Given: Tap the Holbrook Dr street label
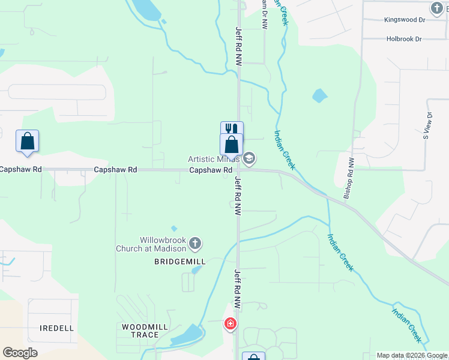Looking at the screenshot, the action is click(403, 39).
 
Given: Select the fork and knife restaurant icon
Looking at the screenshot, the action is click(232, 130).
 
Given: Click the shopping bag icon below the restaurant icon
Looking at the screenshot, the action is click(232, 145).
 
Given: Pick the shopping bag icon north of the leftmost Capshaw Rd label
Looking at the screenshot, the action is click(27, 141).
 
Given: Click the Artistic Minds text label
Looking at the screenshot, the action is click(214, 159).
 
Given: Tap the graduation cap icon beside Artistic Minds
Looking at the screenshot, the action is click(249, 158).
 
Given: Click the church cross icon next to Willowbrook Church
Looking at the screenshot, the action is click(195, 244).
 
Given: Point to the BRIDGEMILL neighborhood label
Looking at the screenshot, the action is click(180, 262).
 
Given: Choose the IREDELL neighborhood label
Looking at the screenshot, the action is click(56, 328).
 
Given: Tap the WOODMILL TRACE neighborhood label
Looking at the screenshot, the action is click(140, 331).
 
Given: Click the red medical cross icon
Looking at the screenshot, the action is click(230, 325).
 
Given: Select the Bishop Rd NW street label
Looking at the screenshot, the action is click(349, 177).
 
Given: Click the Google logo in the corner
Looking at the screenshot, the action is click(20, 353).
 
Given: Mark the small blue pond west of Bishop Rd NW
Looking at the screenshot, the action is click(319, 95).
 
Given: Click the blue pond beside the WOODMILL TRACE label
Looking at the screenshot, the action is click(188, 335).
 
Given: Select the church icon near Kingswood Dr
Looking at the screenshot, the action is click(436, 8).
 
